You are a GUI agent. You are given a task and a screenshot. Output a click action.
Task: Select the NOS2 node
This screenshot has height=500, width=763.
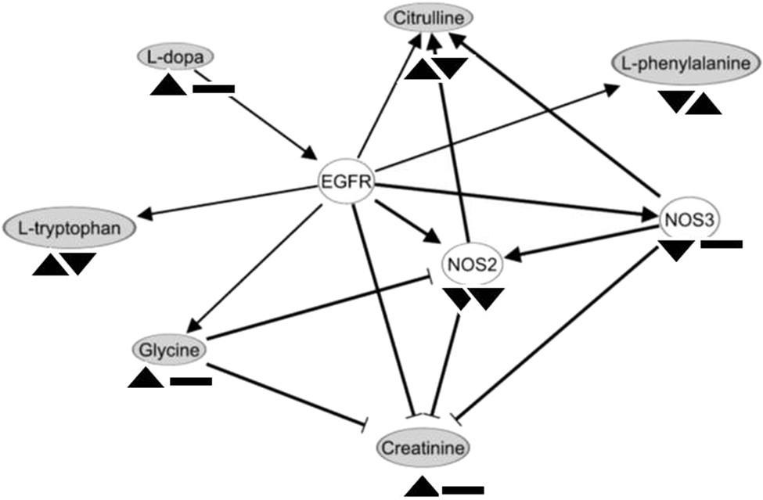click(x=472, y=264)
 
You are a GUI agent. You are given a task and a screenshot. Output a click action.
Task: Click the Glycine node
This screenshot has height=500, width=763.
click(x=170, y=349)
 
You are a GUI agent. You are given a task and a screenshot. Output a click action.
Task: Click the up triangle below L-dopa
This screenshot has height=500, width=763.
click(x=170, y=85)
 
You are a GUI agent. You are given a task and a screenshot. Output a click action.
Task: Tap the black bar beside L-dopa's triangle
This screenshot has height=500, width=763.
click(x=213, y=88)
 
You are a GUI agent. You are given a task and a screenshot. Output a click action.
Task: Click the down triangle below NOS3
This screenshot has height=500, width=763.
click(x=675, y=250)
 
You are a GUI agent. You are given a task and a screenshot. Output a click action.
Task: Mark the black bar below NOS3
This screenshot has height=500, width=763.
click(x=721, y=246)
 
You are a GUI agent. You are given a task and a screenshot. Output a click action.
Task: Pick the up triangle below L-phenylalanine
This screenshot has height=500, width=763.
click(x=704, y=103)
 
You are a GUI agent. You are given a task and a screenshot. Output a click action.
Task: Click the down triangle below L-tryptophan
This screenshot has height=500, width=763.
click(x=80, y=263)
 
